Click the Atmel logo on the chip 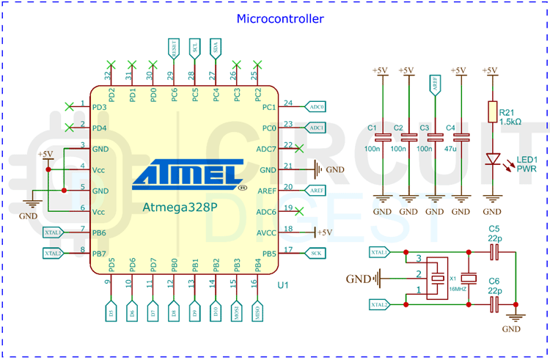point(188,174)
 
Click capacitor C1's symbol point(382,136)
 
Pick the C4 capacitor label point(451,128)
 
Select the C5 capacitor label point(494,228)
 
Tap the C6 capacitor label point(494,281)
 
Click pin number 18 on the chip point(288,229)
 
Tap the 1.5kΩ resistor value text point(510,121)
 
